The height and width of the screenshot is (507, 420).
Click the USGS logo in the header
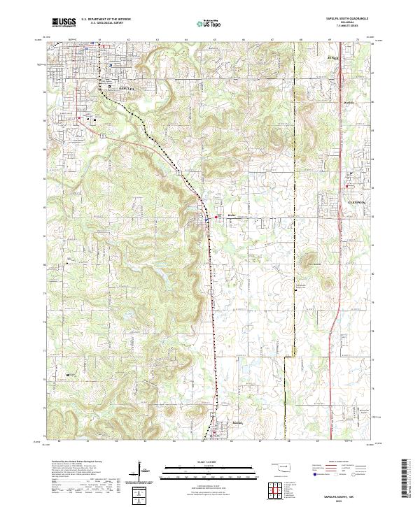tap(64, 22)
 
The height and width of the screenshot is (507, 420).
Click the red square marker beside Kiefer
tap(216, 217)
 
